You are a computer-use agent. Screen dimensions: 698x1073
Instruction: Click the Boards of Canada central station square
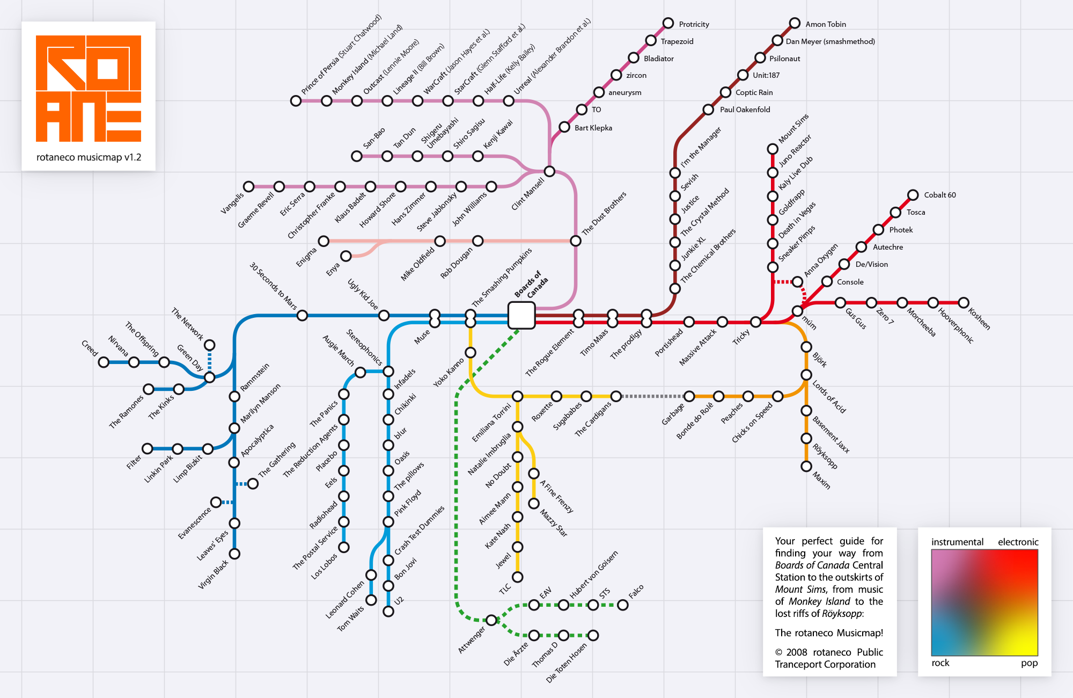pos(521,315)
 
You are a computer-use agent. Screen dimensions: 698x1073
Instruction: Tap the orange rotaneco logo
pos(89,89)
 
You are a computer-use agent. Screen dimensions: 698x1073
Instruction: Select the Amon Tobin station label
pos(825,24)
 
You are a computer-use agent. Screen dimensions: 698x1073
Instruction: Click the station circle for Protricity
pos(668,23)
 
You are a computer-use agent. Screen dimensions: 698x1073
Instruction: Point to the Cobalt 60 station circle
pos(913,195)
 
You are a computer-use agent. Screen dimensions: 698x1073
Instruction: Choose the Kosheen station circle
pos(964,303)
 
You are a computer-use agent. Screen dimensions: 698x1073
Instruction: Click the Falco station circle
pos(622,605)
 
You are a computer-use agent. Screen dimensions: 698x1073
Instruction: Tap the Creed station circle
pos(104,362)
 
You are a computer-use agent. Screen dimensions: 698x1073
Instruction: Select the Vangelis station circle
pos(248,186)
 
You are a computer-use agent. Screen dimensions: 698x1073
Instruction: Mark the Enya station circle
pos(346,256)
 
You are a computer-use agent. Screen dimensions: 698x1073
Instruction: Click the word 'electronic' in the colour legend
pos(1018,542)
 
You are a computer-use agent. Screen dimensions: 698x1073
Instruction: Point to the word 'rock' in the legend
pos(940,663)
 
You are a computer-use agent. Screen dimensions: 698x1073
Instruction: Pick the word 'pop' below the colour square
pos(1029,663)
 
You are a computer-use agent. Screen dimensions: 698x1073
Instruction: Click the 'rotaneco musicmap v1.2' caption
pos(89,157)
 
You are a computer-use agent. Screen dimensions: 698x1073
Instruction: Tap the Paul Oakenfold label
pos(745,110)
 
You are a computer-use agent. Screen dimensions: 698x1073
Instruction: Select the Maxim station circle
pos(806,466)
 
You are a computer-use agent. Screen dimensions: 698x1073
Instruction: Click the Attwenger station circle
pos(491,621)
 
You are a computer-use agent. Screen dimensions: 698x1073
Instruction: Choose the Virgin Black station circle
pos(234,554)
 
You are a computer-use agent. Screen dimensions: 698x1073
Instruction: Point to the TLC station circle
pos(517,577)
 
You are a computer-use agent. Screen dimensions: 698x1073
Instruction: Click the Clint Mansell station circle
pos(549,171)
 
